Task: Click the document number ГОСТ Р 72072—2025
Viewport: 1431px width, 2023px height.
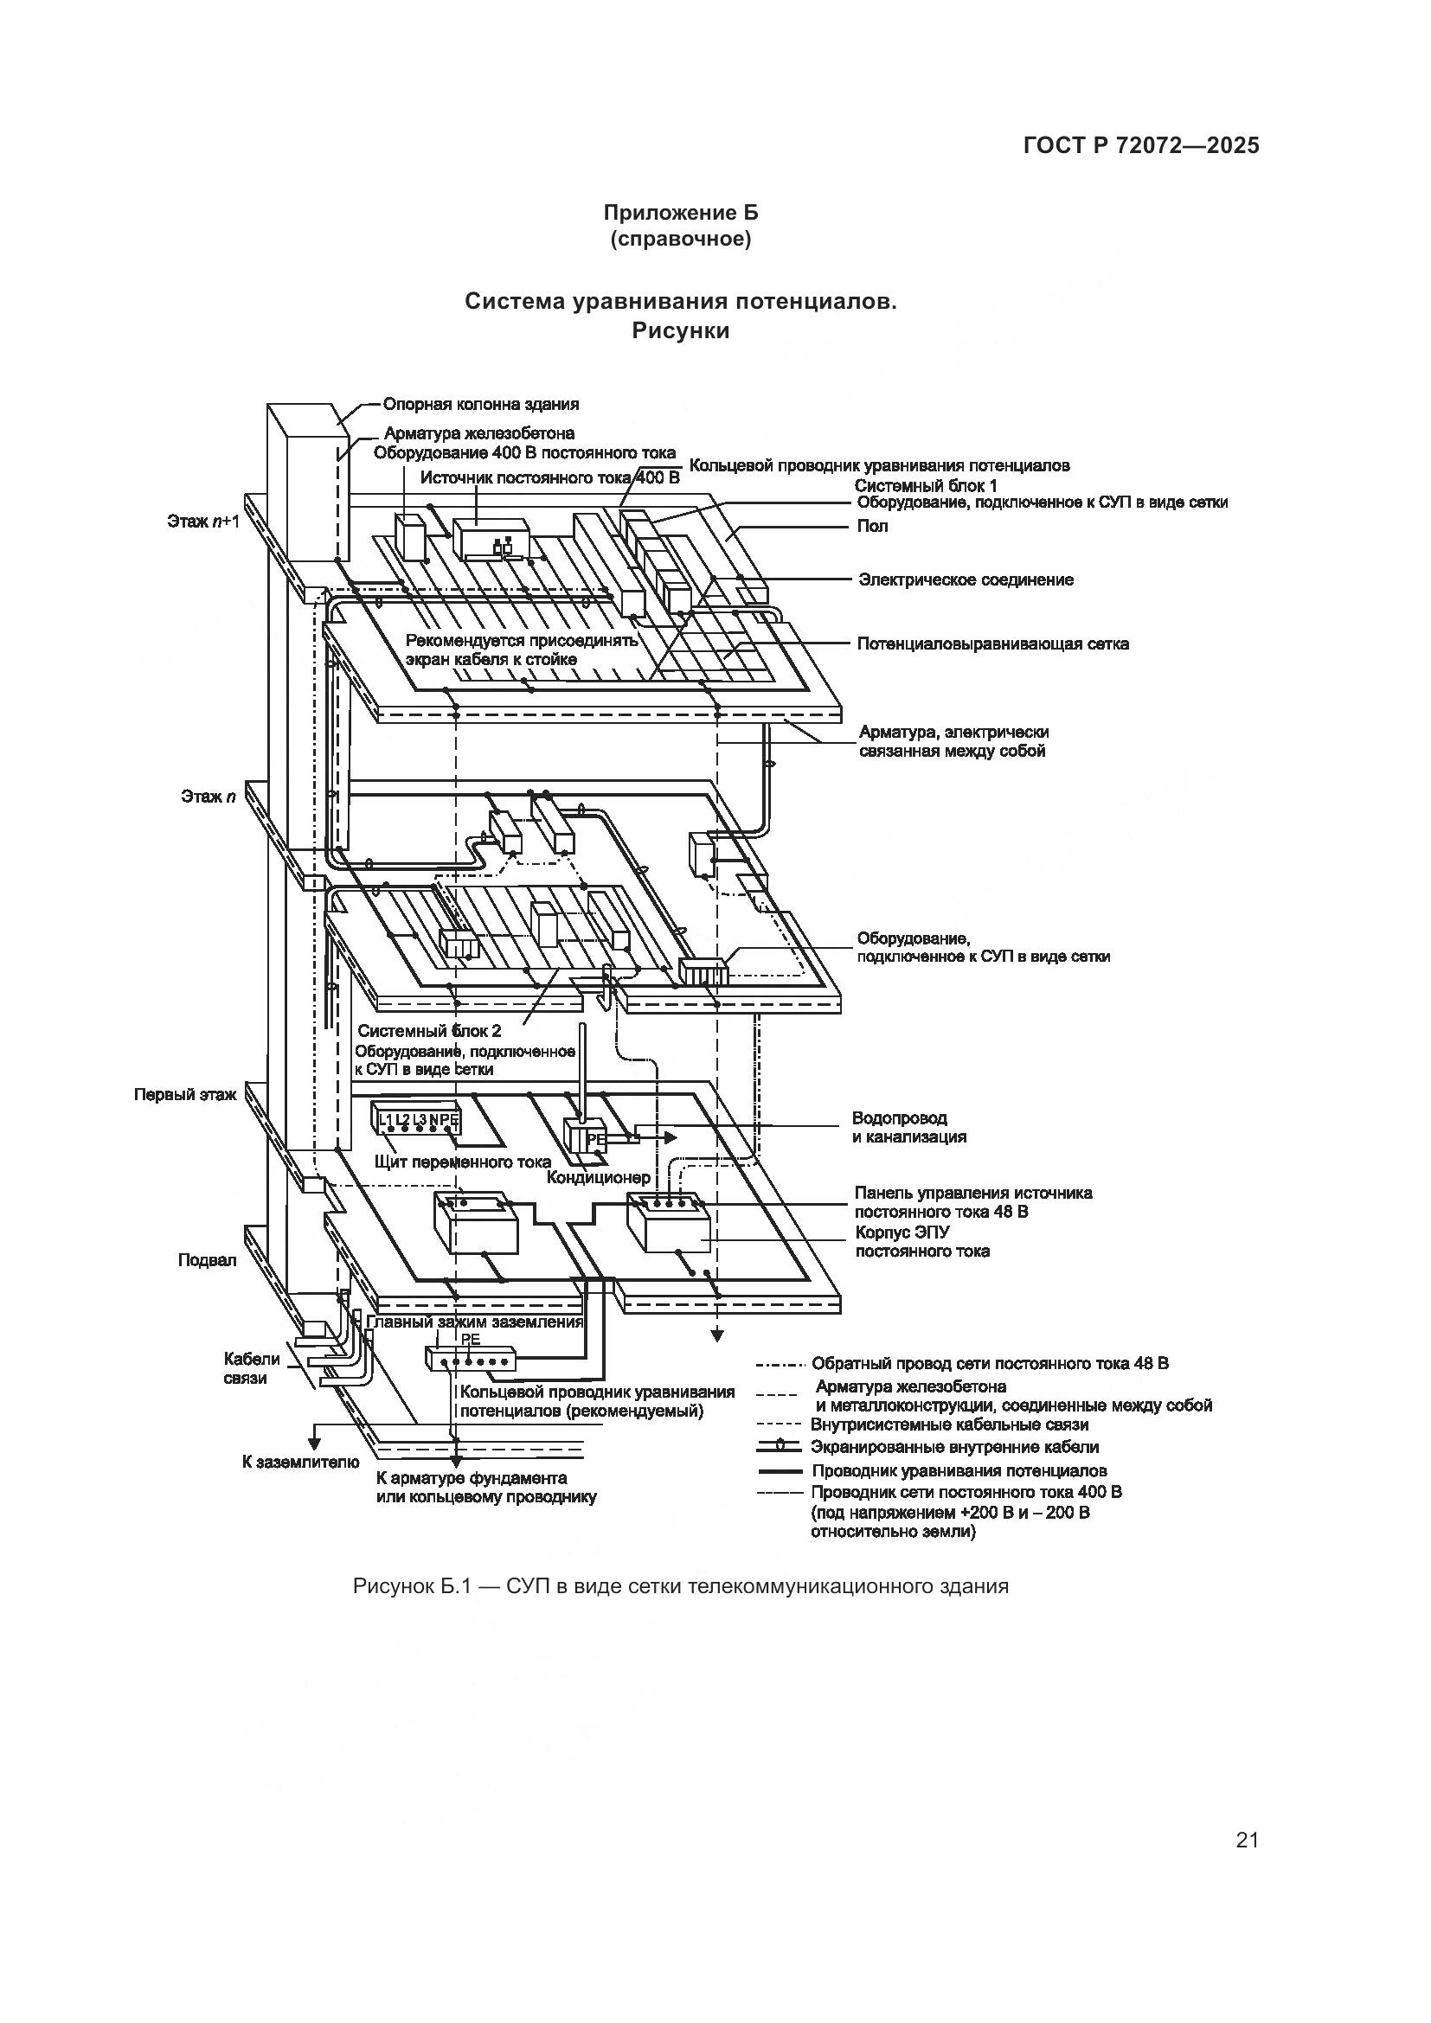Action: [x=1141, y=146]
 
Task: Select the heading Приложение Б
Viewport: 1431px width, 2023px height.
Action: [x=680, y=213]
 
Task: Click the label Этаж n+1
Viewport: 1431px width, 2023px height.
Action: [x=202, y=522]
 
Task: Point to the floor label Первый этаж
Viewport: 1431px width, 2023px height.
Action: [x=185, y=1095]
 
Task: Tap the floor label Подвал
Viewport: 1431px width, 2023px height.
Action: [x=207, y=1261]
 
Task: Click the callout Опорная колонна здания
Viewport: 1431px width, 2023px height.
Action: [x=481, y=405]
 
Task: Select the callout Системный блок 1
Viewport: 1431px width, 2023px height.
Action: [x=925, y=485]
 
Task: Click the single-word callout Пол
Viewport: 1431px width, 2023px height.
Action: [x=872, y=527]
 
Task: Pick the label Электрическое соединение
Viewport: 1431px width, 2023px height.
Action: [x=966, y=579]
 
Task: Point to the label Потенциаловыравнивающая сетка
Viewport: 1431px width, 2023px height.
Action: [x=993, y=644]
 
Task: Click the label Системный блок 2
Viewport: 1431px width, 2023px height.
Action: [x=429, y=1032]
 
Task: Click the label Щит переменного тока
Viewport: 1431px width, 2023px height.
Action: [x=463, y=1162]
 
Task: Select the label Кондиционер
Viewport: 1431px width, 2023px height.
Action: [x=599, y=1178]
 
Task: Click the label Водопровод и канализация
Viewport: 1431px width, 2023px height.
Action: [x=908, y=1128]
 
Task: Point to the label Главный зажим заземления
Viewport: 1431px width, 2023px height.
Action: [x=474, y=1322]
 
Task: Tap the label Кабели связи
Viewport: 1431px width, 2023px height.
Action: [x=251, y=1368]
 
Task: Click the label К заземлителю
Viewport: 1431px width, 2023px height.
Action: [x=300, y=1462]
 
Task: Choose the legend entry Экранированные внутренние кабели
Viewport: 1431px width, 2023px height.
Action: [x=954, y=1447]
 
